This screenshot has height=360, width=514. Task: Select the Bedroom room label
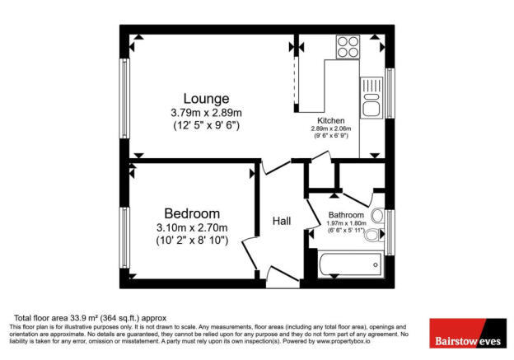(x=191, y=214)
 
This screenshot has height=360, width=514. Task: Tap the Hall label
(x=283, y=221)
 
